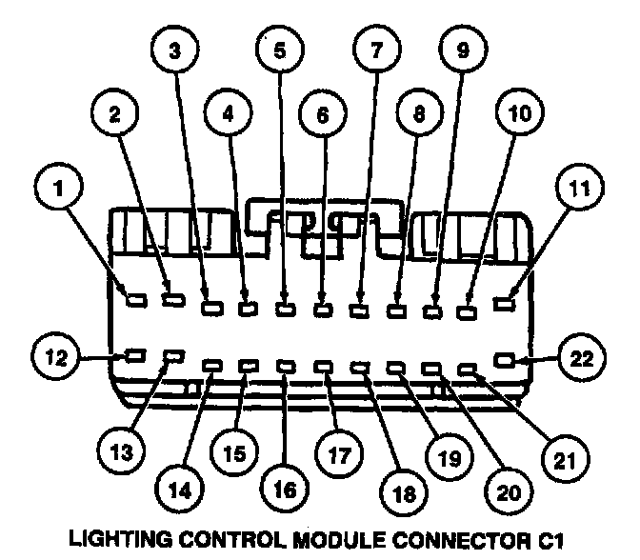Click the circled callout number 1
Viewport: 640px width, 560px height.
[x=60, y=187]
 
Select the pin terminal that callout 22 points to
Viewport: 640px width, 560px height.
[x=505, y=360]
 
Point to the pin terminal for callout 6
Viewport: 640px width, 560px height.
[x=323, y=308]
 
